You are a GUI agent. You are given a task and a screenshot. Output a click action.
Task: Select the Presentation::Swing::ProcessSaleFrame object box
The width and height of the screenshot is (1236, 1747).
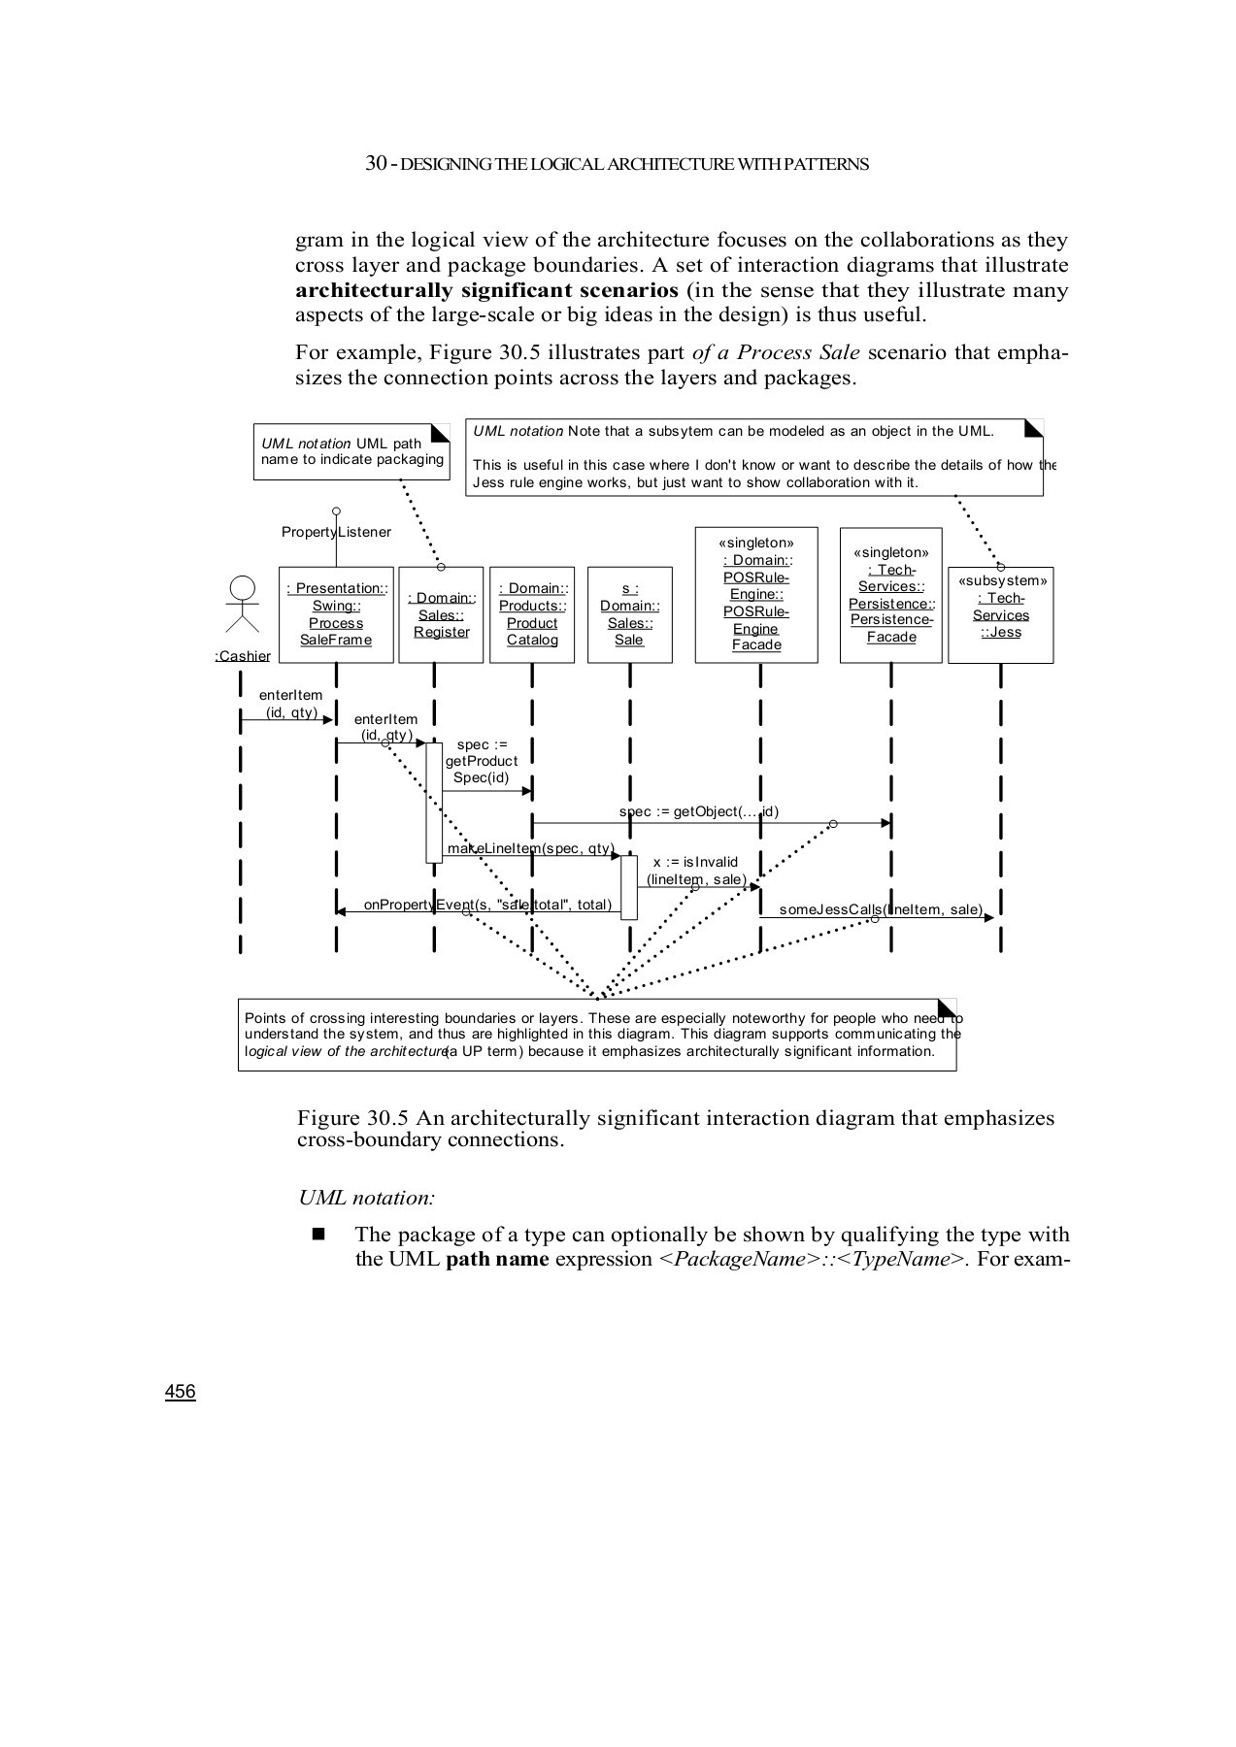click(x=336, y=614)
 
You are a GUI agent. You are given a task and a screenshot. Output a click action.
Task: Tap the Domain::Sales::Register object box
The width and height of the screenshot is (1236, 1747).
click(x=441, y=614)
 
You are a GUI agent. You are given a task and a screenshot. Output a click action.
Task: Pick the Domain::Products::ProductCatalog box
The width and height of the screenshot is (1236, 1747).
click(x=532, y=614)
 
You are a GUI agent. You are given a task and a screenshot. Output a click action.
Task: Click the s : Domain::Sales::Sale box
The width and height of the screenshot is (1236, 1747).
click(x=629, y=614)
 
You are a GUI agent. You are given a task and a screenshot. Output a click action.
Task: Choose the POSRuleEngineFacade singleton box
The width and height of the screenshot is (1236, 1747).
click(x=756, y=594)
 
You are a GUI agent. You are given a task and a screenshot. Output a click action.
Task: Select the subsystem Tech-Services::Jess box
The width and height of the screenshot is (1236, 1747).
click(x=1000, y=614)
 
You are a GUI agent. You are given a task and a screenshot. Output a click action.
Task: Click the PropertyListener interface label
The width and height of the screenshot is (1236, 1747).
click(x=336, y=532)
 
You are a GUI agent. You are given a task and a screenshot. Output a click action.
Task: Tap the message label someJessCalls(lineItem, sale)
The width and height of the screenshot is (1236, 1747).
click(x=881, y=909)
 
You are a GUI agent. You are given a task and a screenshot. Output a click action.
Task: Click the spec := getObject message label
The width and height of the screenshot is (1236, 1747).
click(x=698, y=811)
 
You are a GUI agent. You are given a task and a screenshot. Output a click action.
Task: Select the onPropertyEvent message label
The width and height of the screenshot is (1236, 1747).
click(x=487, y=905)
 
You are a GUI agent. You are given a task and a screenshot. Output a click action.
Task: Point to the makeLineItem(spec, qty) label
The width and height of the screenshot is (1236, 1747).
click(x=530, y=848)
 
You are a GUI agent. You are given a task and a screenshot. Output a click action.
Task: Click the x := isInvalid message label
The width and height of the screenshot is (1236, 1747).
click(x=695, y=871)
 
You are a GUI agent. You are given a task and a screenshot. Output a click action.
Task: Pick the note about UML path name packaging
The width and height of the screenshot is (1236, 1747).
click(x=351, y=451)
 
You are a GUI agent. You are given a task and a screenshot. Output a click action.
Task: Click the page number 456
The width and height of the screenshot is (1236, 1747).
click(x=180, y=1392)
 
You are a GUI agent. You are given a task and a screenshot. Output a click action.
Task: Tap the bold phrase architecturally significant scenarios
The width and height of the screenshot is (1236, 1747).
click(x=486, y=290)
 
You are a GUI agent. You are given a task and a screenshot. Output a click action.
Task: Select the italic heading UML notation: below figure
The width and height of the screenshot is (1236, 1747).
click(x=366, y=1198)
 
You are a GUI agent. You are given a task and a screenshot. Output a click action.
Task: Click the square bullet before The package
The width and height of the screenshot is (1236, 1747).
click(x=317, y=1235)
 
